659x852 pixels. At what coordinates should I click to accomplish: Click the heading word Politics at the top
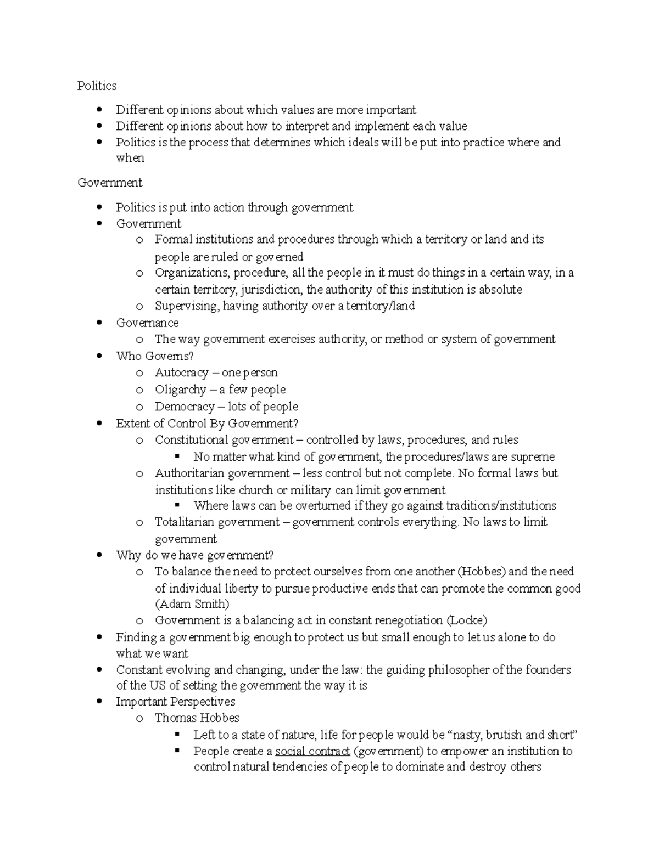coord(97,86)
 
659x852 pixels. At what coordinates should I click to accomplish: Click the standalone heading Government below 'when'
coord(110,183)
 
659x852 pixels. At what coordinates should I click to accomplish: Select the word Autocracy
coord(181,373)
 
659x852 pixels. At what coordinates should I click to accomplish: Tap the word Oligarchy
coord(180,390)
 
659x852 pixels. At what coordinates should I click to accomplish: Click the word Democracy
coord(185,407)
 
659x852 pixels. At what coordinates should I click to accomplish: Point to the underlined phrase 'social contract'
coord(312,751)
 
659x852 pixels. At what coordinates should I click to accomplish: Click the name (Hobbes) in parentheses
coord(481,572)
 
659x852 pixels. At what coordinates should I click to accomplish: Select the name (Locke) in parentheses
coord(467,620)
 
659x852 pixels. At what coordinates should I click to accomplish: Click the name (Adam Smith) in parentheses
coord(192,604)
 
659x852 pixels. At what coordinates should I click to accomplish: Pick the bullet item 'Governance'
coord(147,323)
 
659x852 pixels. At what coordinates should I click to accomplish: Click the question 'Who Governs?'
coord(155,356)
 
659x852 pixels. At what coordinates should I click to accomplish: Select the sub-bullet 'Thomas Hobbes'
coord(197,718)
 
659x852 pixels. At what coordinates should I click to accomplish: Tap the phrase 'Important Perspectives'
coord(175,702)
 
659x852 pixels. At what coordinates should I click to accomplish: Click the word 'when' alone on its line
coord(130,158)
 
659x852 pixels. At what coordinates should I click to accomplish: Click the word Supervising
coord(186,306)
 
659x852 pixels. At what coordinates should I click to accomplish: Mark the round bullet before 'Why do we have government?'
coord(99,555)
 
